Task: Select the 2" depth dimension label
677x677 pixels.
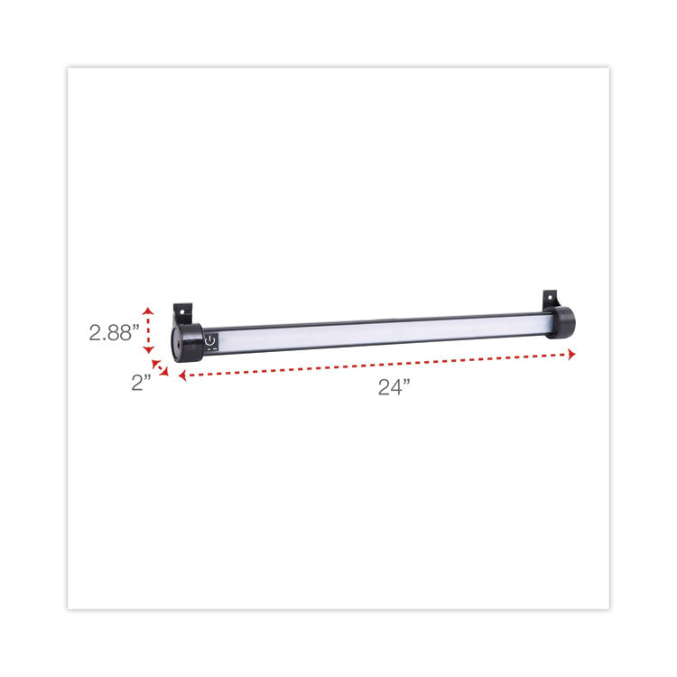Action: tap(140, 382)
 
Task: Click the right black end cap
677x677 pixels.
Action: tap(563, 322)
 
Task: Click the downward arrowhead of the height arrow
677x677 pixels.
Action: tap(150, 353)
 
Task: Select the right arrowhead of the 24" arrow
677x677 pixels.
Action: tap(572, 355)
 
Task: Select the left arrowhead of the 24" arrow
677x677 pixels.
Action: tap(181, 376)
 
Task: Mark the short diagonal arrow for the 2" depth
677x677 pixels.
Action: tap(160, 367)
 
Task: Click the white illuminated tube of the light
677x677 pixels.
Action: tap(379, 331)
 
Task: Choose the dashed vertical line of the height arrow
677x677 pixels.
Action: tap(150, 331)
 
